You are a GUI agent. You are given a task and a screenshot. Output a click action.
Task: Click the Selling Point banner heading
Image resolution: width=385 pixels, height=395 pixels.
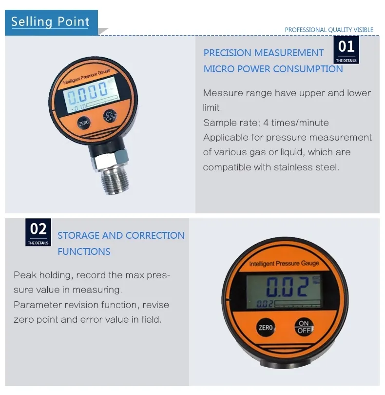tap(51, 22)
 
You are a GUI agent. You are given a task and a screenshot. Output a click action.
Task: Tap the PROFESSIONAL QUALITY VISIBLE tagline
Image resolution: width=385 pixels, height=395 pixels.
tap(329, 30)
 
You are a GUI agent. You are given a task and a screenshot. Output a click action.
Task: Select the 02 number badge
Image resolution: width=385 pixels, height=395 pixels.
tap(38, 229)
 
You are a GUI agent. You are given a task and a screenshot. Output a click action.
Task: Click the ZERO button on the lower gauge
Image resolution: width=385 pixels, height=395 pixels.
tap(266, 328)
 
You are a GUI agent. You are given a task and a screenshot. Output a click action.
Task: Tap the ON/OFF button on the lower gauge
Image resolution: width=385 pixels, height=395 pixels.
tap(304, 327)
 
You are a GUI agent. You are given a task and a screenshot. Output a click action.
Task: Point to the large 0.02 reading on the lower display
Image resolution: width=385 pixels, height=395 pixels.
tap(288, 287)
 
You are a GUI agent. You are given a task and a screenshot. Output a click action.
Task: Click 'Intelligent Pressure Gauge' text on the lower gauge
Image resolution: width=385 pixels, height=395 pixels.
tap(284, 264)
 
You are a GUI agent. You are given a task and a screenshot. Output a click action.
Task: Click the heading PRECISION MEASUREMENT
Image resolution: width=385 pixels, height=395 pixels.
tap(264, 53)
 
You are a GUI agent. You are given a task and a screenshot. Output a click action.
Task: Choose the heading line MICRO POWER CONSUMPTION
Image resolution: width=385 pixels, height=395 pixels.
tap(273, 69)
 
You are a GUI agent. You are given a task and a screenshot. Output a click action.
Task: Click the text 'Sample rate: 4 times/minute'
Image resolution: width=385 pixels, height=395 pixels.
tap(266, 123)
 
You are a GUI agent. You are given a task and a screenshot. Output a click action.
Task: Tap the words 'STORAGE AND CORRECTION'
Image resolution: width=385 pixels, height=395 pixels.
tap(121, 235)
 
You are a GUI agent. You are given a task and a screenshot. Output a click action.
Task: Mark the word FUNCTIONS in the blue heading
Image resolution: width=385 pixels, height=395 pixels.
tap(84, 251)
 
